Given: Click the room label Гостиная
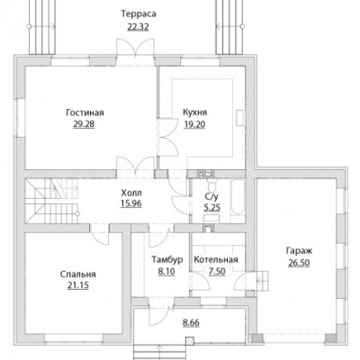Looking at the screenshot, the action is [85, 112].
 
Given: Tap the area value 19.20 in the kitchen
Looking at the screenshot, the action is [194, 124].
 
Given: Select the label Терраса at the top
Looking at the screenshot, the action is [139, 14].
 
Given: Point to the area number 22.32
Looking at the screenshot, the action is [138, 27].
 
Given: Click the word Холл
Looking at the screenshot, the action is [131, 193].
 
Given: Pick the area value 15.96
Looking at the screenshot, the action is [131, 203].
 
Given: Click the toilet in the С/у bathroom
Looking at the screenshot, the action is [211, 184].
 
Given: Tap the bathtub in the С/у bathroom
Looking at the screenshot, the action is [238, 197].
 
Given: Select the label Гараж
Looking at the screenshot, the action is [299, 251].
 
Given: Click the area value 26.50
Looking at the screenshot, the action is [299, 263].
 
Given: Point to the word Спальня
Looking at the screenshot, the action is [78, 274].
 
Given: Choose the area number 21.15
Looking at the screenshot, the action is [78, 285].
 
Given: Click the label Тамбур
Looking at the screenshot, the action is [166, 259].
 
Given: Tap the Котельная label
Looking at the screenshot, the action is [216, 259].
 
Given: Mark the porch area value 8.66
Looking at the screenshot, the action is [191, 323].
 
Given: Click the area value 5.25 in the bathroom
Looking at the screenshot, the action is [212, 208].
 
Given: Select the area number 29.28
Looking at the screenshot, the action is [84, 124].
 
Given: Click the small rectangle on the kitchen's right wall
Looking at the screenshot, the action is [240, 118].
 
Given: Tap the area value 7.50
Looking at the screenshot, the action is [217, 272].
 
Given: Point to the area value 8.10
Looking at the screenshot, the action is [166, 272].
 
